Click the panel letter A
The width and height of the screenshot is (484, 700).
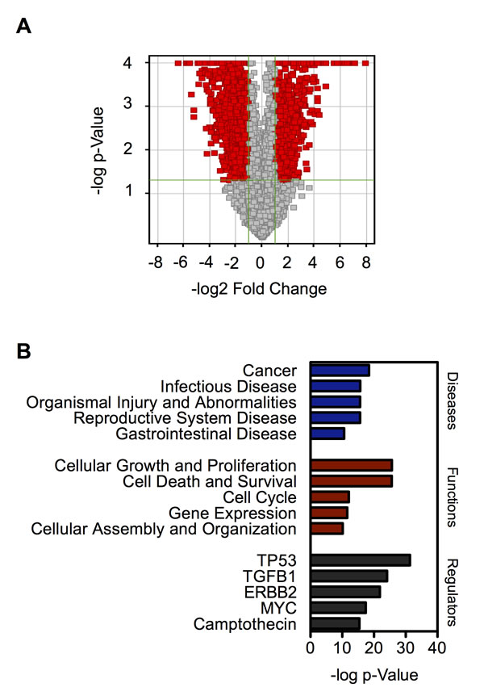[23, 26]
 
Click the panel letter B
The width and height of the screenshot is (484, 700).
[23, 351]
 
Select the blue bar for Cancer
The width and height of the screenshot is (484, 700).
[340, 371]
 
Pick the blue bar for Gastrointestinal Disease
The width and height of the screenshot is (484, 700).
[328, 434]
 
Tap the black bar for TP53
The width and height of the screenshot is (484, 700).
[361, 560]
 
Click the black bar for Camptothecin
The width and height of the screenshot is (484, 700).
[335, 623]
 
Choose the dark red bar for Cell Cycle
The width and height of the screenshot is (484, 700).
[330, 497]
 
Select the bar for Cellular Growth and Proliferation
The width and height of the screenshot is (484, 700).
[352, 466]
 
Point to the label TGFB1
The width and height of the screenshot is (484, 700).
[269, 576]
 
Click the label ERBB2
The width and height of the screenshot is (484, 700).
[270, 593]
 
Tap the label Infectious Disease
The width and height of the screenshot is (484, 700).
[228, 387]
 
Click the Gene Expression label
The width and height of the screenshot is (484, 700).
[232, 513]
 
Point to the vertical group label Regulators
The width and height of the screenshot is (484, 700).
[452, 592]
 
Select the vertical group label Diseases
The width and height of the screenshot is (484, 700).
[452, 401]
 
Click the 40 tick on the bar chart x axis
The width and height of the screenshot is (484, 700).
[436, 648]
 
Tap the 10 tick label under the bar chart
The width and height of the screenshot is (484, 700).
[342, 648]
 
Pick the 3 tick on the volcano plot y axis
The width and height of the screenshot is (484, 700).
[128, 103]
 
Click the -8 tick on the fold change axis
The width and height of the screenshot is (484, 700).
[155, 262]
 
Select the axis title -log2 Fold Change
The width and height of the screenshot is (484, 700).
[259, 289]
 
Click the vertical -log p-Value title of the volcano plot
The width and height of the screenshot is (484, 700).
[98, 150]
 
